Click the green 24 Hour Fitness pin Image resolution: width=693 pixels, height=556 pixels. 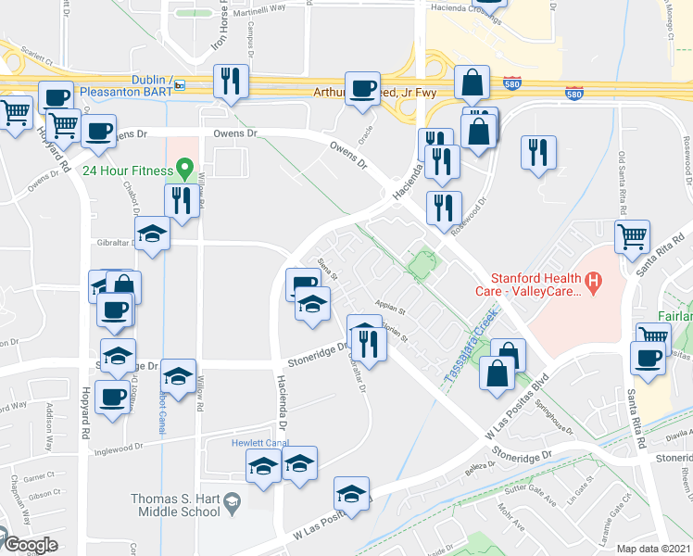pyautogui.click(x=184, y=170)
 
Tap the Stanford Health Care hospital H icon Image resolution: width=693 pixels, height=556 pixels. pyautogui.click(x=594, y=279)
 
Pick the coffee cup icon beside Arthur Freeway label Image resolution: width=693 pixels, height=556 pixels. pyautogui.click(x=362, y=89)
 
